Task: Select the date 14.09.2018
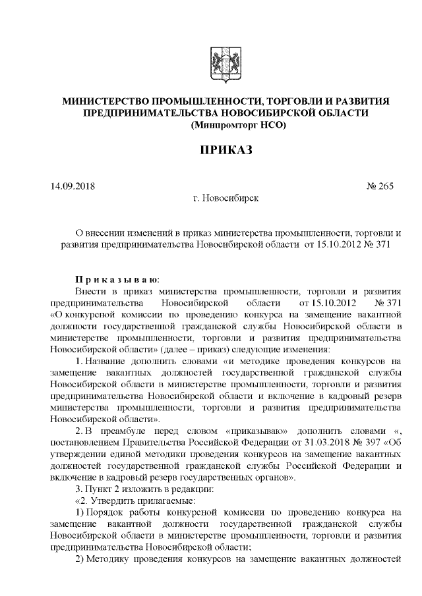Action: click(73, 186)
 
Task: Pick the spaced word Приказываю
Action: click(113, 279)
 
